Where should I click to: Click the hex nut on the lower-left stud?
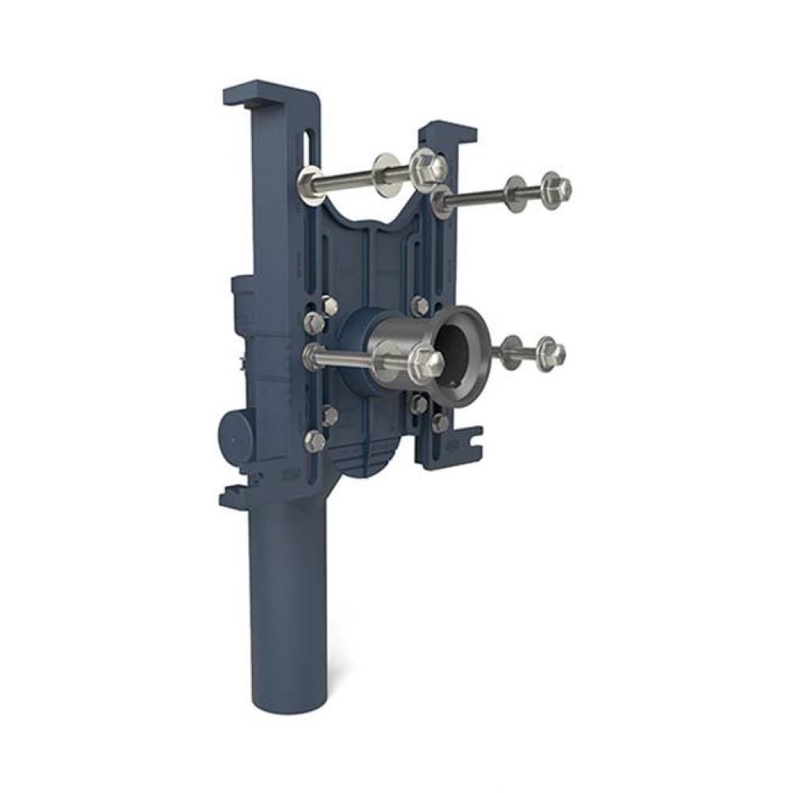428,364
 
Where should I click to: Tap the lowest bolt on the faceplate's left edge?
315,441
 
